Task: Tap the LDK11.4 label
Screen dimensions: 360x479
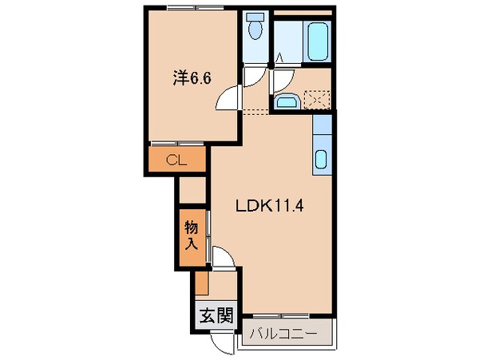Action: pos(267,205)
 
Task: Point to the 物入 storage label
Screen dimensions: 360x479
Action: pos(192,236)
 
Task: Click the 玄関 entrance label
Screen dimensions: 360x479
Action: pos(214,314)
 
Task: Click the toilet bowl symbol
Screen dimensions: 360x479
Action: pos(255,30)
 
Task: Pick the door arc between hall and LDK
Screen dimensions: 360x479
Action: pos(224,259)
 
